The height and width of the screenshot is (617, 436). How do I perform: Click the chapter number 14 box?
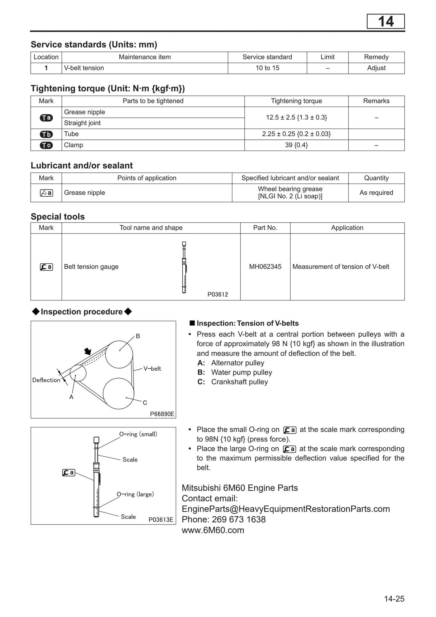tap(385, 22)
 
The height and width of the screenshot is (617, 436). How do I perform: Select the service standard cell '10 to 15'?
tap(267, 68)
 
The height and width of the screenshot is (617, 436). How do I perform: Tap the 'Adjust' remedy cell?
tap(376, 68)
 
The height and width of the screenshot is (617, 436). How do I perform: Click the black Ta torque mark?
tap(46, 118)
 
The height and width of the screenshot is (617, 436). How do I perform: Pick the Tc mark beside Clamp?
tap(46, 145)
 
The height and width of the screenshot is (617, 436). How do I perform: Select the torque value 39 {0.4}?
tap(296, 145)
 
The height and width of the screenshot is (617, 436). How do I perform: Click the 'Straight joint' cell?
tap(82, 123)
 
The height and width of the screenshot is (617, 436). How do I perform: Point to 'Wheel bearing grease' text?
tap(290, 189)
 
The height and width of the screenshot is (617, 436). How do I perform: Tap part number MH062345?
tap(265, 267)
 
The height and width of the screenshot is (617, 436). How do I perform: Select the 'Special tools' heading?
tap(58, 217)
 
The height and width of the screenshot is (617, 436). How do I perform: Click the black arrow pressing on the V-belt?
tap(88, 351)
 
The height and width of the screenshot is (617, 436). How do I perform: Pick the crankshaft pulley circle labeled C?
tap(118, 393)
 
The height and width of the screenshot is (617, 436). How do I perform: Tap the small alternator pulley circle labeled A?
tap(78, 373)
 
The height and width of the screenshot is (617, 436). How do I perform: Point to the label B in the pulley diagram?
tap(138, 336)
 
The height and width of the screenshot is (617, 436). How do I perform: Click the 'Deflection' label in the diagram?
tap(46, 380)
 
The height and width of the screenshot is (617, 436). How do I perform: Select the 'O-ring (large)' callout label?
tap(135, 494)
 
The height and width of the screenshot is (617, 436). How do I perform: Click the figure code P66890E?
tap(162, 414)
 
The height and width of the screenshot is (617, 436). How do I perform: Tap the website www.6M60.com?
tap(213, 530)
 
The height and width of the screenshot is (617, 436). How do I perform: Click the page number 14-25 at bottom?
tap(394, 599)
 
